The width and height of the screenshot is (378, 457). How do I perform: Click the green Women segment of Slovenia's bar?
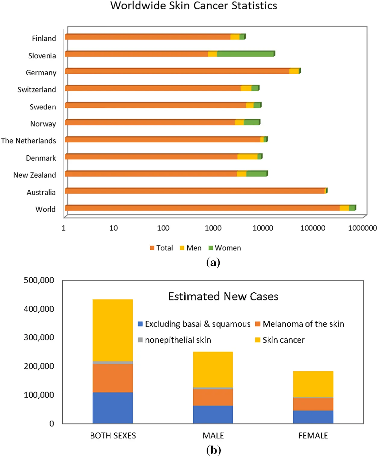point(245,54)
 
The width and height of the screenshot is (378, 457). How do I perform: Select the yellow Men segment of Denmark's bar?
point(247,157)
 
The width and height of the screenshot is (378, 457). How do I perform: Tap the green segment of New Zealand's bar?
point(256,174)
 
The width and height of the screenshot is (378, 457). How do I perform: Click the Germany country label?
point(41,73)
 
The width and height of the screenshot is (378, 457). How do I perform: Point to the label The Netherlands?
point(28,141)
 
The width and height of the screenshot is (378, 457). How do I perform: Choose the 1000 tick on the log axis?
point(213,228)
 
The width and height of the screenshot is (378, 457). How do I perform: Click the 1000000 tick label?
point(362,228)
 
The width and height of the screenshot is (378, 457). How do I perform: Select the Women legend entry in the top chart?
point(225,248)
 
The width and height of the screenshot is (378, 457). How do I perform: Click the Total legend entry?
point(161,248)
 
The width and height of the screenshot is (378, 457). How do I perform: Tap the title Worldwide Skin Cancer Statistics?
point(194,6)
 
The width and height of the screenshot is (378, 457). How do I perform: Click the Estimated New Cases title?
point(223,297)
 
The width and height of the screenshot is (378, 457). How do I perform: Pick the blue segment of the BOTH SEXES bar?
point(113,408)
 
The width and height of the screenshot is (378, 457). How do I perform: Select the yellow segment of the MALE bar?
point(213,369)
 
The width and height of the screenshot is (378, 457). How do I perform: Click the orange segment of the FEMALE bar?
point(313,404)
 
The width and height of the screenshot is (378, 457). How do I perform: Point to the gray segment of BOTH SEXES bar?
point(113,363)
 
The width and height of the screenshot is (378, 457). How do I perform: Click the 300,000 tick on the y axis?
point(39,337)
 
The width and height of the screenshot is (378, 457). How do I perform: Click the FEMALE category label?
point(313,436)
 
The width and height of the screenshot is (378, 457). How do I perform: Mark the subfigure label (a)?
point(213,263)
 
